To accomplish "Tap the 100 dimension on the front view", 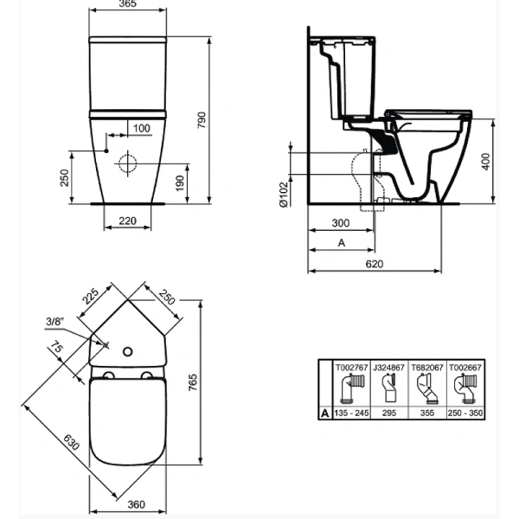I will click(141, 129).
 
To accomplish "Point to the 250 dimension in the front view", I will click(65, 177).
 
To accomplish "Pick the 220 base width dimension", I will click(128, 221).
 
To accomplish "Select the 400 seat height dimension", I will click(486, 160).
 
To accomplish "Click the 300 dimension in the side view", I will click(341, 223).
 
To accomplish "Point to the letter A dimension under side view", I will click(341, 245).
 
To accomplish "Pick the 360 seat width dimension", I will click(128, 505).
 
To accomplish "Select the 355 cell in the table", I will click(426, 413).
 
